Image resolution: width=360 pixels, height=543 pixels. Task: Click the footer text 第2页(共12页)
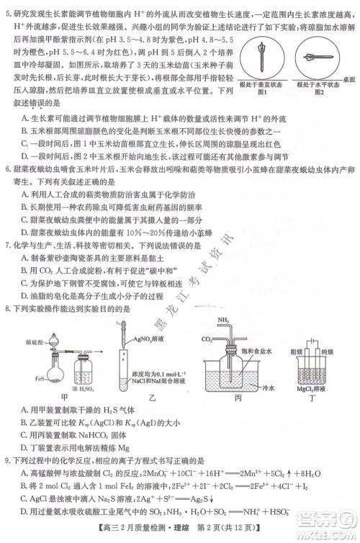point(220,532)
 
